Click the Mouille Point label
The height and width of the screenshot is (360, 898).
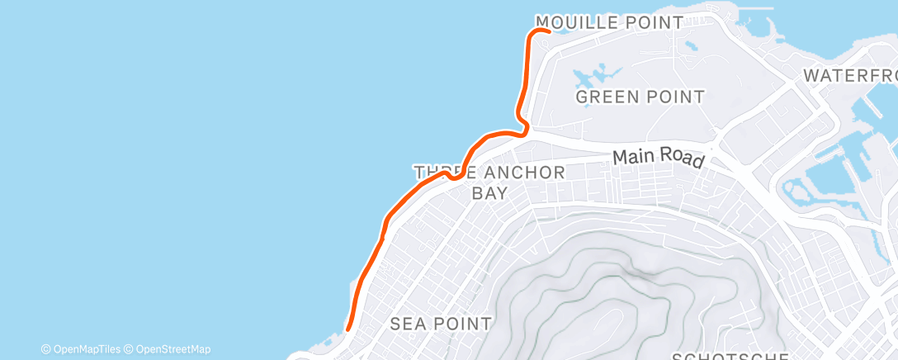pos(610,22)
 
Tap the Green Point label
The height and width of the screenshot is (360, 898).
pos(640,97)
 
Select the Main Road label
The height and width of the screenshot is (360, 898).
pos(659,158)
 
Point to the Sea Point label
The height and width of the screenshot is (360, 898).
pos(442,323)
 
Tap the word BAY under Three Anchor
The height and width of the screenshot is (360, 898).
pos(489,193)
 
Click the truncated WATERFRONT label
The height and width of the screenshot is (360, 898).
pos(850,75)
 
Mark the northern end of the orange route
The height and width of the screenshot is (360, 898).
pos(548,31)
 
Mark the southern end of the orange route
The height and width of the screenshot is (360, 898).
pos(348,329)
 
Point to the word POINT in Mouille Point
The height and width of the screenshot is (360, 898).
pos(655,22)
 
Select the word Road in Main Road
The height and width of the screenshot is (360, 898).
pos(684,160)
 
